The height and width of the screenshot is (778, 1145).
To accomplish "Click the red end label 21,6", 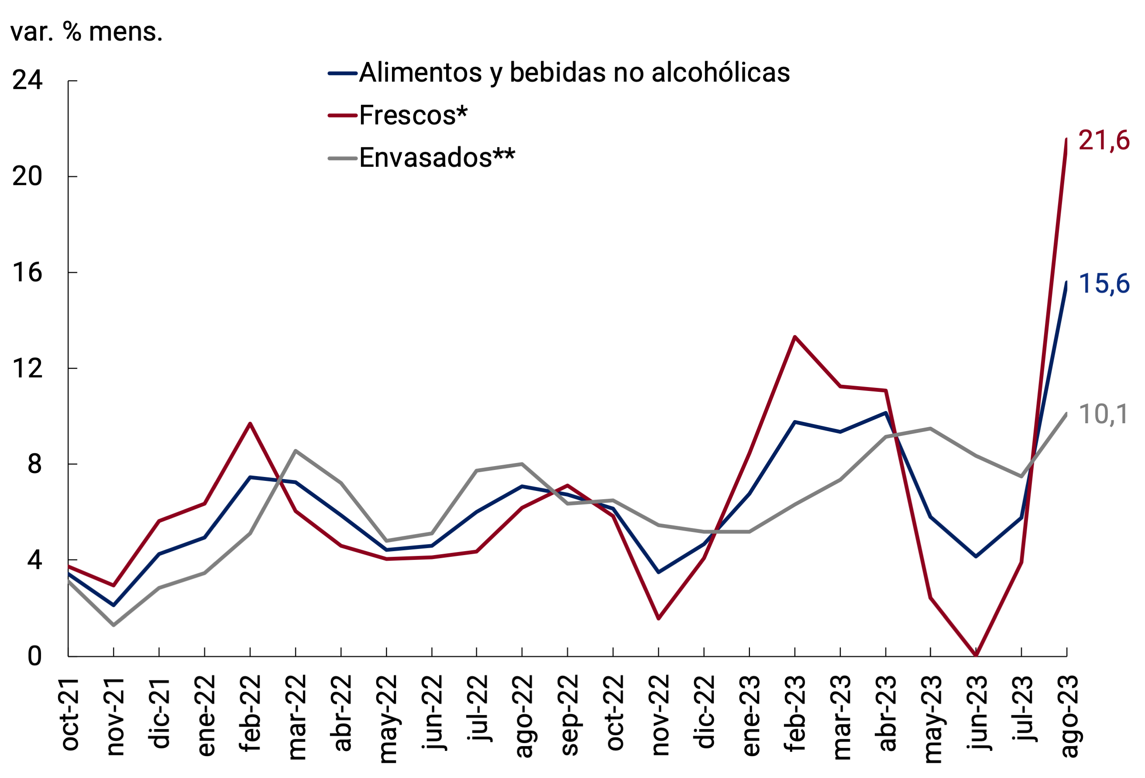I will tap(1104, 141).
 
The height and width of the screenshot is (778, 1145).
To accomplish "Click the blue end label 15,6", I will tap(1104, 284).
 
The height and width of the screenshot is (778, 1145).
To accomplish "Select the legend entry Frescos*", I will tap(413, 116).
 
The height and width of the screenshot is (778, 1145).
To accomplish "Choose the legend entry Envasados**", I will tap(437, 158).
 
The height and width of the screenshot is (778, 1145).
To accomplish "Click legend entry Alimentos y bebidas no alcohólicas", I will tap(574, 73).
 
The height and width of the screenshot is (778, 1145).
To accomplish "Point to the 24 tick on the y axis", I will tap(28, 80).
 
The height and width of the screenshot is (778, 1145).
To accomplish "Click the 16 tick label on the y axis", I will tap(28, 272).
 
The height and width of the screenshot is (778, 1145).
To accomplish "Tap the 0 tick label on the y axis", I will tap(34, 656).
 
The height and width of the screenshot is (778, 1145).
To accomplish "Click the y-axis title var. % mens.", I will tap(86, 32).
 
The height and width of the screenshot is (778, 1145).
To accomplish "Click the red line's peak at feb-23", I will tap(795, 337).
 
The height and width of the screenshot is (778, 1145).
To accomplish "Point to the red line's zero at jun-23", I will tap(976, 655).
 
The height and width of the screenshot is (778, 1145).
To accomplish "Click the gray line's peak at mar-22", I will tap(295, 451).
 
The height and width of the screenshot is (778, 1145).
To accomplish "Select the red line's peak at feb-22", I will tap(250, 423).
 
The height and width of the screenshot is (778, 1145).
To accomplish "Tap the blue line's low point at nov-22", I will tap(659, 572).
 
